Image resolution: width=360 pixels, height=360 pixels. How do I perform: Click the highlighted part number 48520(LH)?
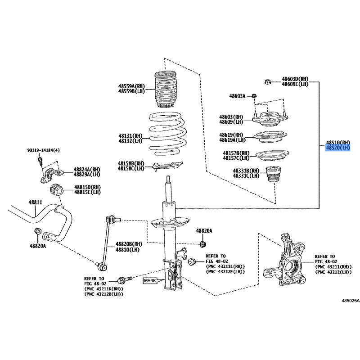[338, 148]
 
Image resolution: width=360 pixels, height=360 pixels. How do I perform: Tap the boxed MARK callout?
[150, 280]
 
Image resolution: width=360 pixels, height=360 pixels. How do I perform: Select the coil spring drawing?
[168, 134]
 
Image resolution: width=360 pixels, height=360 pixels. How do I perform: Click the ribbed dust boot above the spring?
[165, 89]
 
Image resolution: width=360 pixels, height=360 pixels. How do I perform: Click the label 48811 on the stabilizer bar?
[36, 202]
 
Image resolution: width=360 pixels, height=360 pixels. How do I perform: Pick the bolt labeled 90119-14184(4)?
[40, 160]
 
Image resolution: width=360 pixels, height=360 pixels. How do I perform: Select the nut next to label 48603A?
[254, 95]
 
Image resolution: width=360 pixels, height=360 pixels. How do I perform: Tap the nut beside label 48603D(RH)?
[267, 81]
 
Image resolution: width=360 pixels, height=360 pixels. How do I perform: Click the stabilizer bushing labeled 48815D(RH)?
[56, 189]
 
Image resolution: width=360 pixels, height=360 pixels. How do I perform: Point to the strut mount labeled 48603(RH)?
[270, 118]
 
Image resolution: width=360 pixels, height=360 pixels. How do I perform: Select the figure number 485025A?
[351, 301]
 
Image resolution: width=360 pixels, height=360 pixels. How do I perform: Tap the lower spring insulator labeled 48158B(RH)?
[167, 166]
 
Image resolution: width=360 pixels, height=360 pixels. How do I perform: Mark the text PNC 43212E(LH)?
[225, 272]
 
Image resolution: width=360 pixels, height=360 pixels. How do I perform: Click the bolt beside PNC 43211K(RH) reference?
[125, 280]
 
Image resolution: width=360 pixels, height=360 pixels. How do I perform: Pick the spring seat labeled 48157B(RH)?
[272, 156]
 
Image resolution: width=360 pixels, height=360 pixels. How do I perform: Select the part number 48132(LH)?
[130, 140]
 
